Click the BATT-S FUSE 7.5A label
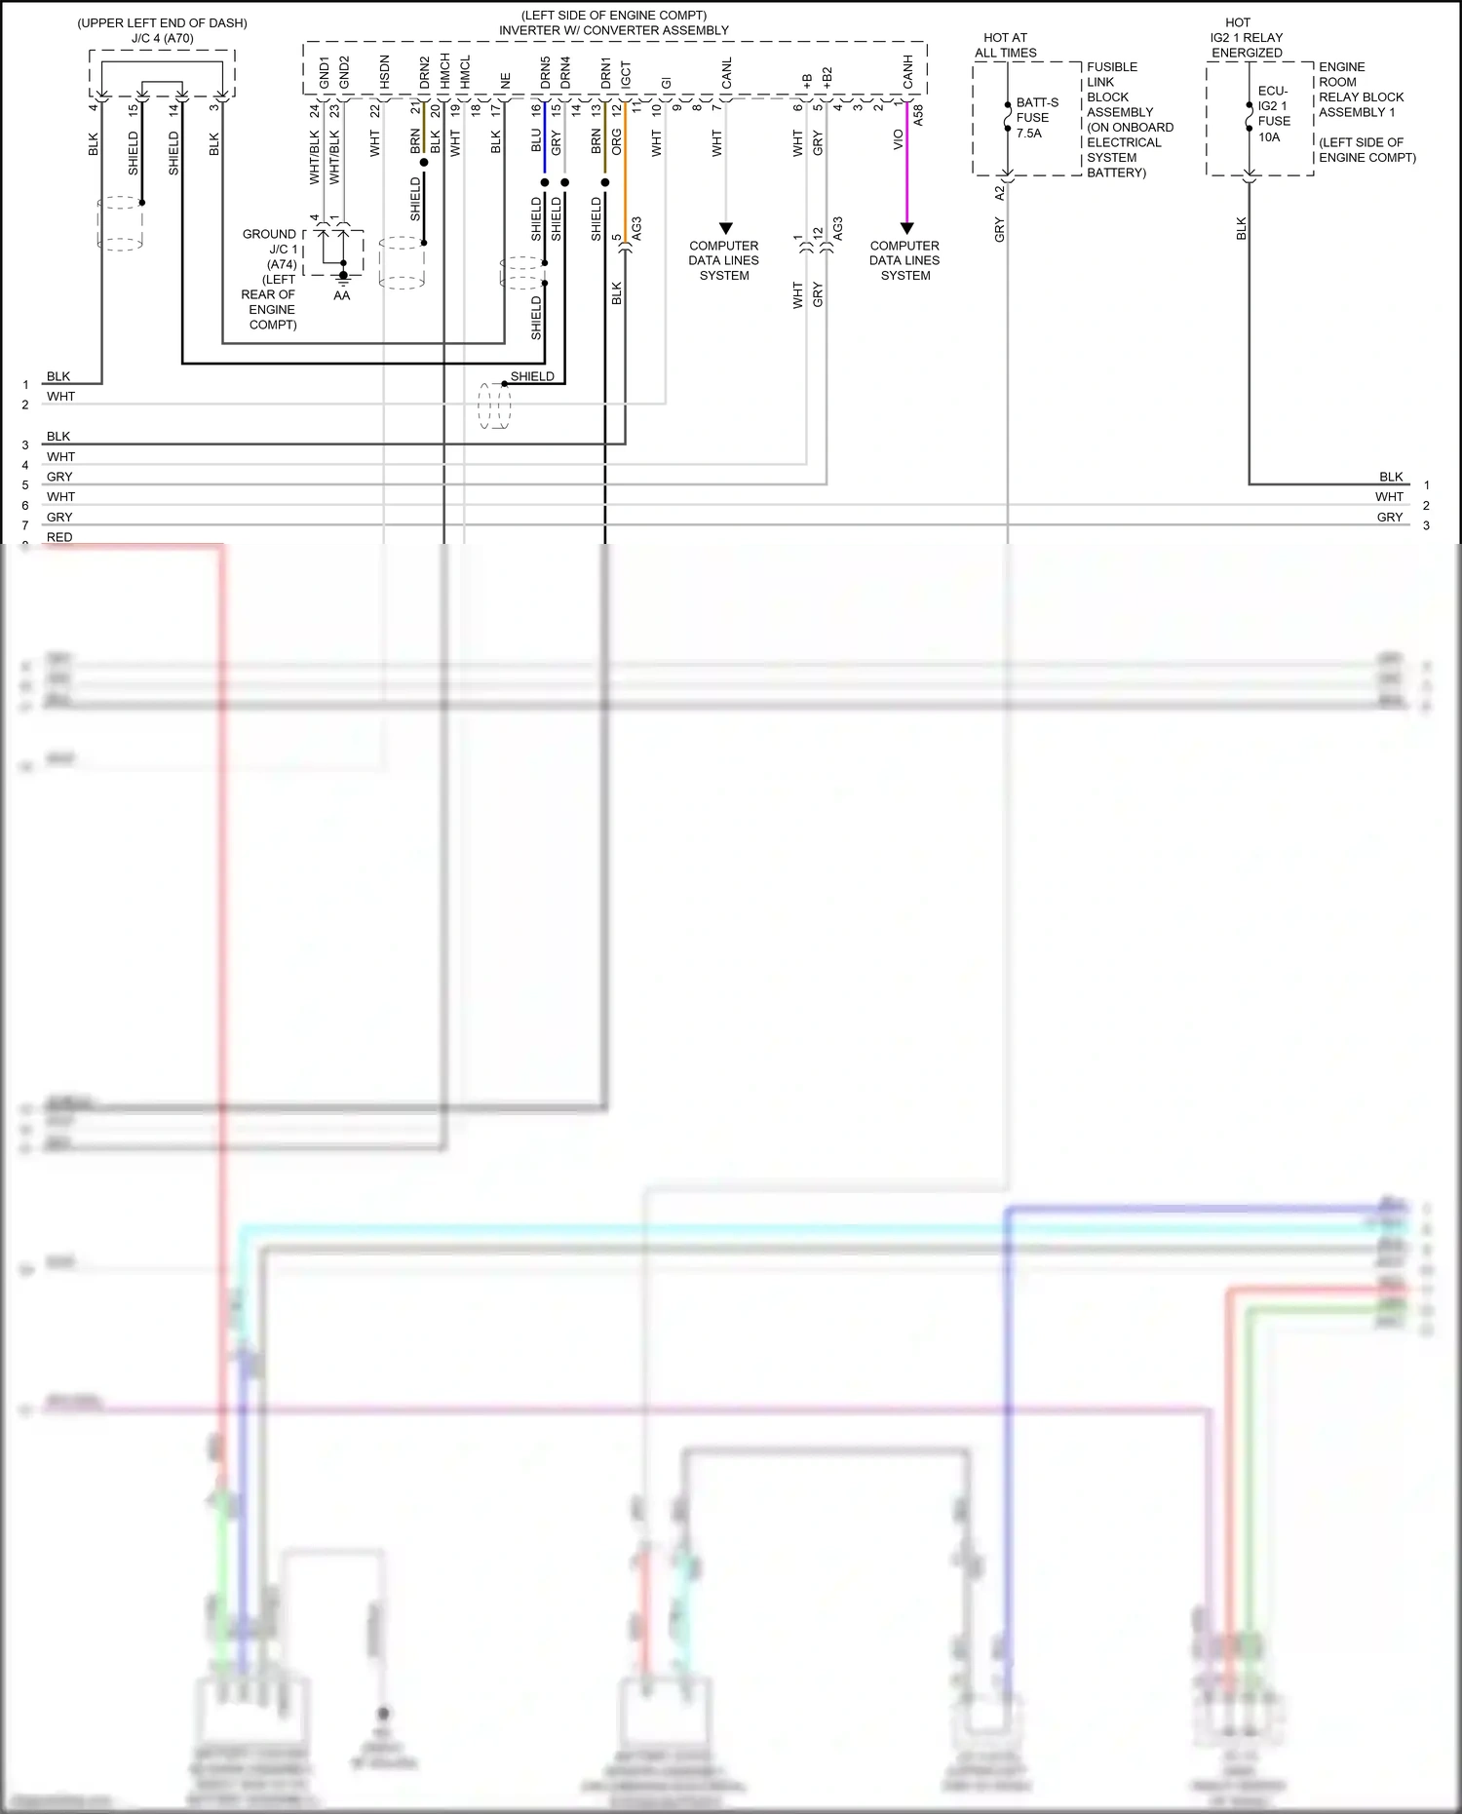click(x=1036, y=117)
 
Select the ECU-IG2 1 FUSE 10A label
click(x=1273, y=114)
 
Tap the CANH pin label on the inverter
click(x=907, y=71)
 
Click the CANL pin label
click(x=726, y=74)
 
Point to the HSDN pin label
click(x=384, y=72)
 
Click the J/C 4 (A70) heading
click(x=163, y=38)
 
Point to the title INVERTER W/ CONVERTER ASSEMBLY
click(x=613, y=30)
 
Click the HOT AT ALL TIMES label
click(x=1005, y=45)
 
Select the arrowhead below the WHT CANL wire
click(x=725, y=229)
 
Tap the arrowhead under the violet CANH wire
click(x=906, y=229)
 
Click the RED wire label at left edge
click(x=59, y=537)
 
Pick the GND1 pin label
click(x=324, y=72)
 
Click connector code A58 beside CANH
click(x=918, y=115)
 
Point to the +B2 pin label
click(x=827, y=78)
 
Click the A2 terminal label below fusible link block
click(x=999, y=193)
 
